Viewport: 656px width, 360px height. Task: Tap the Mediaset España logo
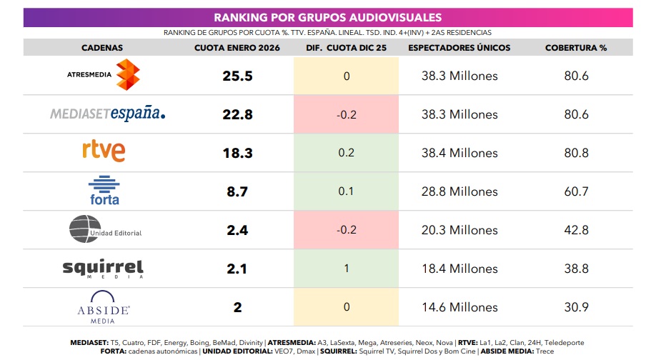click(108, 114)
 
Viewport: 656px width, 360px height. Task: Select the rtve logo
click(104, 151)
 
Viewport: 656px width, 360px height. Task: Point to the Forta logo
click(104, 190)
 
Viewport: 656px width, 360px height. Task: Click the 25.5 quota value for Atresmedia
click(237, 76)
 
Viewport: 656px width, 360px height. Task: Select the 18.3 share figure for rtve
click(237, 153)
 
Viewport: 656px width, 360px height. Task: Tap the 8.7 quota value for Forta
click(237, 191)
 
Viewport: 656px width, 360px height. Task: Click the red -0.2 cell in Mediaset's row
click(347, 114)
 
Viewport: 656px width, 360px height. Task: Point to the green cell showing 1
click(347, 269)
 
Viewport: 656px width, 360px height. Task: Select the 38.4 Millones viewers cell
click(458, 153)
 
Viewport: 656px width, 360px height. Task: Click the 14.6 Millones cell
click(458, 307)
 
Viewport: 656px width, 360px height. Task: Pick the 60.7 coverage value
click(576, 191)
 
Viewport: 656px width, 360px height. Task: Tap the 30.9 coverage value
click(576, 307)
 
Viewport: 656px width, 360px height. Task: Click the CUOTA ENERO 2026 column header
click(237, 48)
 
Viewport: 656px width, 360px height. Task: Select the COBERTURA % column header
click(576, 48)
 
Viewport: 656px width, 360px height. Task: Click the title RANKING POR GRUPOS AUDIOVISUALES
click(328, 17)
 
